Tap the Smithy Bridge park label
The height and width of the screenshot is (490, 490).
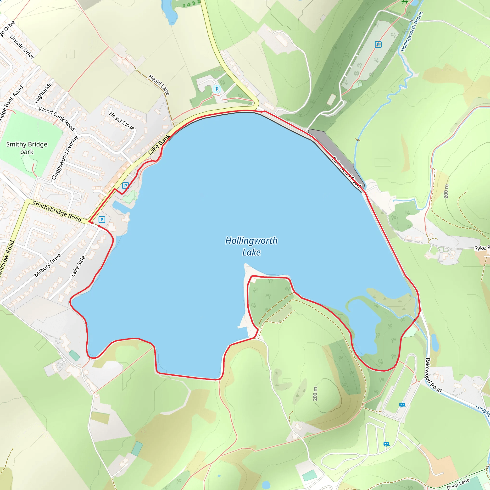click(27, 148)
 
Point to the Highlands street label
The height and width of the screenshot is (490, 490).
click(43, 93)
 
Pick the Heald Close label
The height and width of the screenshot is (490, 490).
click(122, 121)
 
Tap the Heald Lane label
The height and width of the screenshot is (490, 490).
click(159, 84)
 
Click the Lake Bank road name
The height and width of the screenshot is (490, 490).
click(159, 145)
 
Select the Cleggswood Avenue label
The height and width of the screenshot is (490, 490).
click(65, 158)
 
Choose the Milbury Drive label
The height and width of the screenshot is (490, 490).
click(47, 265)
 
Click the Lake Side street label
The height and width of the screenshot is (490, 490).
click(78, 266)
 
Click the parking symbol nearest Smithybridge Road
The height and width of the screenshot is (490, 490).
click(102, 220)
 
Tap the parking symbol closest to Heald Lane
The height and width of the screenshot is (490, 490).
click(217, 89)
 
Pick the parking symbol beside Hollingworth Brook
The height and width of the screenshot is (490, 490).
click(378, 45)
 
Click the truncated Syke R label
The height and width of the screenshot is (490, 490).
click(482, 248)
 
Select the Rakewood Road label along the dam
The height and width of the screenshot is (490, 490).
click(346, 172)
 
